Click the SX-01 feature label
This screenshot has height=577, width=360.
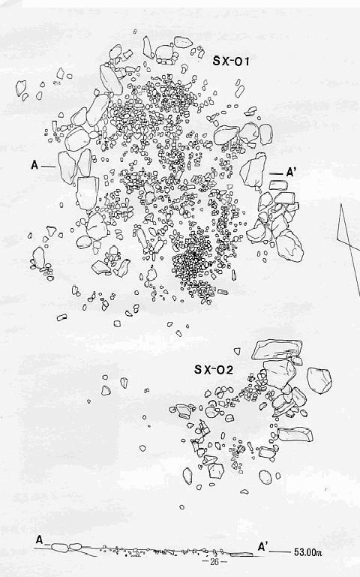click(x=231, y=61)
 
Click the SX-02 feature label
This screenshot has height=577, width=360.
click(x=214, y=369)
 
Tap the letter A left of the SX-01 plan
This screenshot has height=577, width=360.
click(x=34, y=165)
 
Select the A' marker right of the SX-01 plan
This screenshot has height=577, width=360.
click(x=291, y=173)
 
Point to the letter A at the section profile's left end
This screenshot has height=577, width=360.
click(x=40, y=540)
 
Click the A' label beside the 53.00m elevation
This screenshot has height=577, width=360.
click(x=262, y=546)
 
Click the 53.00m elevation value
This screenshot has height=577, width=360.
click(x=308, y=552)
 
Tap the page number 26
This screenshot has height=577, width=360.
click(x=214, y=561)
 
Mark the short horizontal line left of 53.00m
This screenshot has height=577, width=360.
click(x=280, y=552)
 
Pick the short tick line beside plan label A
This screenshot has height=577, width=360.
click(x=48, y=167)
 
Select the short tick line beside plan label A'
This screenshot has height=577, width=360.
click(x=276, y=173)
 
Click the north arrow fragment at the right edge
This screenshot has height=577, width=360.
click(x=349, y=250)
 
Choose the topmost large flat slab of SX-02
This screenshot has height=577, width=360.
click(x=277, y=349)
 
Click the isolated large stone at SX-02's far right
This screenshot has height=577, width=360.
click(x=319, y=380)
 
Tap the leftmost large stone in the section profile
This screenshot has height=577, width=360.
click(x=60, y=548)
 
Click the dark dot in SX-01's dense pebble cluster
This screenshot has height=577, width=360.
click(x=193, y=253)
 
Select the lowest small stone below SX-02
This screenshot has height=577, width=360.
click(x=181, y=507)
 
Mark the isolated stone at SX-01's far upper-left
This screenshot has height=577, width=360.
click(x=21, y=88)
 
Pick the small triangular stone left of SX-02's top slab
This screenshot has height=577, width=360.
click(x=237, y=351)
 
